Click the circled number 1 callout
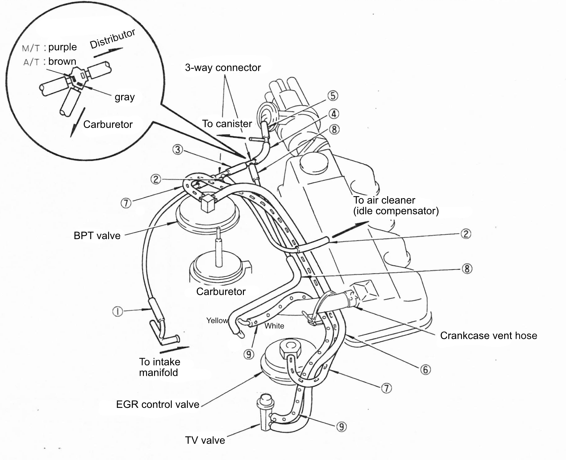pyautogui.click(x=118, y=311)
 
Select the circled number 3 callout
pyautogui.click(x=177, y=150)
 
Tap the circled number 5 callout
pyautogui.click(x=333, y=96)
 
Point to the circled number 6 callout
pyautogui.click(x=425, y=369)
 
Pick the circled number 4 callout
pyautogui.click(x=334, y=114)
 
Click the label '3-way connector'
pyautogui.click(x=223, y=68)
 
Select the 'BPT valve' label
pyautogui.click(x=97, y=236)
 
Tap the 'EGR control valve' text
pyautogui.click(x=157, y=404)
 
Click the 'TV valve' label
pyautogui.click(x=205, y=440)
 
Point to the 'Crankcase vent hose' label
pyautogui.click(x=489, y=336)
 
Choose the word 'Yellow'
pyautogui.click(x=217, y=320)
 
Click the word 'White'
pyautogui.click(x=274, y=326)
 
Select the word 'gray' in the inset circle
pyautogui.click(x=125, y=97)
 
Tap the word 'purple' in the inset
pyautogui.click(x=62, y=47)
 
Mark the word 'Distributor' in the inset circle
pyautogui.click(x=112, y=39)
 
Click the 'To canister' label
pyautogui.click(x=227, y=124)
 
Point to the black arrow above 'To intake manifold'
pyautogui.click(x=174, y=350)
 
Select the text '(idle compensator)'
pyautogui.click(x=396, y=211)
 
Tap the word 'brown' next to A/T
pyautogui.click(x=62, y=61)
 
